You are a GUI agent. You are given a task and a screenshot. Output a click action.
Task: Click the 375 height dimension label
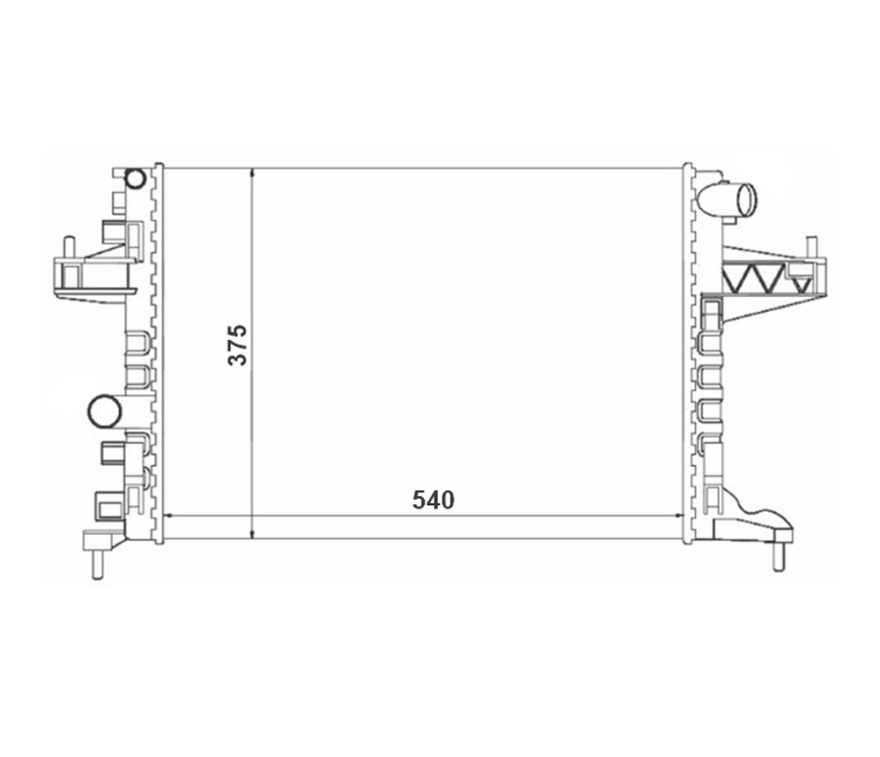[238, 345]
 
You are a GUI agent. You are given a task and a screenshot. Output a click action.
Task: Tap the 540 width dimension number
[433, 500]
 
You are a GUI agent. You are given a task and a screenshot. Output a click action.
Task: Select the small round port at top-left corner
[136, 179]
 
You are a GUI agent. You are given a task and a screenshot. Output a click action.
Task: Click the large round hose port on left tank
[105, 411]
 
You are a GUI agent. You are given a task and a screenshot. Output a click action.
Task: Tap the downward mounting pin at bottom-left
[97, 563]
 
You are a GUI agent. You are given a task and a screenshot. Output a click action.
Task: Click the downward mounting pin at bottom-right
[779, 557]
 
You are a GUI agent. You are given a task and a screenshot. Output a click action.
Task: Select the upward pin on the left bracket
[69, 247]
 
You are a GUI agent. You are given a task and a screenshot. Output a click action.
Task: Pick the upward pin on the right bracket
[811, 247]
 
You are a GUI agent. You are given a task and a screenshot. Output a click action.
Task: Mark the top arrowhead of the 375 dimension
[253, 172]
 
